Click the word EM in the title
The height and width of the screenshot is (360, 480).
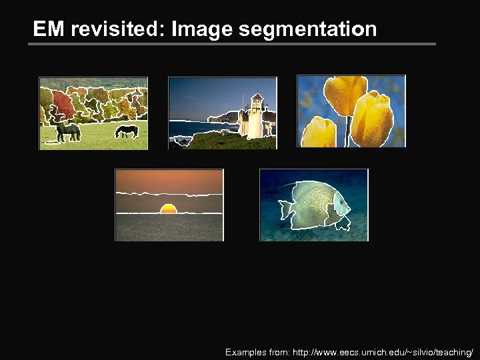point(49,29)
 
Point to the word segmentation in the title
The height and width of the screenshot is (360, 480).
point(307,29)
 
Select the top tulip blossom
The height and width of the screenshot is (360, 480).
point(344,93)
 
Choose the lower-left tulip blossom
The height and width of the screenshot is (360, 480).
point(318,133)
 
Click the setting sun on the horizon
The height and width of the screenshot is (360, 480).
point(169,209)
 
